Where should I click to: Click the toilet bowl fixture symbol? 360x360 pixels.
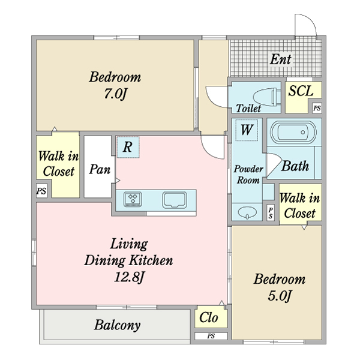pos(267,97)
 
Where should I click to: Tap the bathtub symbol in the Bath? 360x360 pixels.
pos(293,132)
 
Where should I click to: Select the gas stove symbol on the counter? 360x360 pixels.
pos(133,199)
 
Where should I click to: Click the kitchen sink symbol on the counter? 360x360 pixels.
pos(175,200)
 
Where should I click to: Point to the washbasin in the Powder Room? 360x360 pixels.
pos(247,212)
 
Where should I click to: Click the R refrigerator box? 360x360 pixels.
pos(128,147)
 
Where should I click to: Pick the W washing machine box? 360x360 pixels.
pos(247,130)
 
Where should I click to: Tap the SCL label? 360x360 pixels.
pos(301,91)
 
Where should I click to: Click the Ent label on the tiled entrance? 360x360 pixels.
pos(281,59)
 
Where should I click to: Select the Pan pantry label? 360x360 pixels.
pos(100,169)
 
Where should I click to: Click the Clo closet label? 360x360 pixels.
pos(208,317)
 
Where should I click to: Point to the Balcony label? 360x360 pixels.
pos(117,325)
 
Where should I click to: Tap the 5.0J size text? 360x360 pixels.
pos(280,296)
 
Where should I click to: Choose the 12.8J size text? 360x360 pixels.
pos(129,277)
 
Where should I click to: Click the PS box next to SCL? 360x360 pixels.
pos(317,108)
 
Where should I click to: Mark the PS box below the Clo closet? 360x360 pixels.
pos(211,336)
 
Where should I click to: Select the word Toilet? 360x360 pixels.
pos(248,108)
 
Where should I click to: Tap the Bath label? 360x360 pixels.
pos(295,166)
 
